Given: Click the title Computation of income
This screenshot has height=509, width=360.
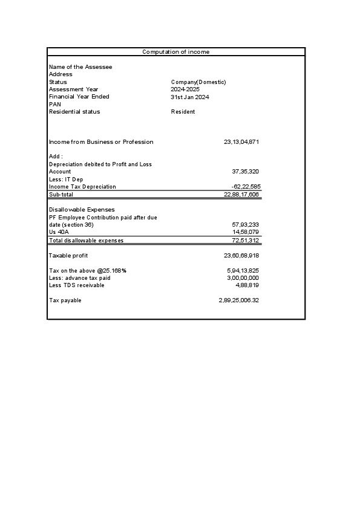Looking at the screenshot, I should click(x=175, y=52).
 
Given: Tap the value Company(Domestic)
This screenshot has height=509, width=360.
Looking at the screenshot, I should click(x=198, y=82).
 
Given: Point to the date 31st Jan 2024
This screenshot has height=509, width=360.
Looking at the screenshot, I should click(x=190, y=97).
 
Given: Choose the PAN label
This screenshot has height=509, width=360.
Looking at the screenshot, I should click(x=54, y=104).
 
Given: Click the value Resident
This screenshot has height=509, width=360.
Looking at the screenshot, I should click(x=183, y=112).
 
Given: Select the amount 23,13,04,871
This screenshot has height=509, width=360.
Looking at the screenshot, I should click(x=241, y=142).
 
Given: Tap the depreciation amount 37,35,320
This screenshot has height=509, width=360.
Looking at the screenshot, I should click(x=246, y=172).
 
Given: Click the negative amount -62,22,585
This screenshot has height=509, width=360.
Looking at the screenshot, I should click(x=245, y=187).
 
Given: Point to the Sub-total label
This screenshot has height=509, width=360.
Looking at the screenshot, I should click(x=61, y=195).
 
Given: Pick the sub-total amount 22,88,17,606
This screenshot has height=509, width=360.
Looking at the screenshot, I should click(x=241, y=195).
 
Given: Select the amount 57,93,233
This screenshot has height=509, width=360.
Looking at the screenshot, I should click(x=246, y=224).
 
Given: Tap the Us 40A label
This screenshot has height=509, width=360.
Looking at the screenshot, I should click(x=59, y=232).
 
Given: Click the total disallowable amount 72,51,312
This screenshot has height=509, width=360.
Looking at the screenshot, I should click(x=246, y=240).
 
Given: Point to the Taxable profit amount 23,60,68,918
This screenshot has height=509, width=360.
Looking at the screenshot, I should click(x=241, y=256).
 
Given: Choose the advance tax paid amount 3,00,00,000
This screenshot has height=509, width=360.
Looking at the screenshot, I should click(x=243, y=278).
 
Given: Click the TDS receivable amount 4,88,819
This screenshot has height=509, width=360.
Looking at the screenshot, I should click(x=247, y=285).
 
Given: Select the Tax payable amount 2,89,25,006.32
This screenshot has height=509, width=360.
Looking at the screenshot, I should click(x=238, y=300).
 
